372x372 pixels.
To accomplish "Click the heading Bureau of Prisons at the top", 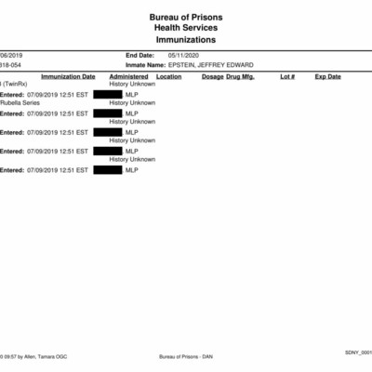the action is (x=185, y=18).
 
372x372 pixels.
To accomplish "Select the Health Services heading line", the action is (x=185, y=29).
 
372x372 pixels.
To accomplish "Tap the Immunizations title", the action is (x=185, y=41).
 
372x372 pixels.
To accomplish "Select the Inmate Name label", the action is (x=144, y=65).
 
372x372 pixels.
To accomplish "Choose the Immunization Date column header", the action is (x=68, y=76).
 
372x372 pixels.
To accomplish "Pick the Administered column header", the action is (x=128, y=76).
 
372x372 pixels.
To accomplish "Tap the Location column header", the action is (x=169, y=76).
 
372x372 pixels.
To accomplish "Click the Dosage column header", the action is (x=213, y=76).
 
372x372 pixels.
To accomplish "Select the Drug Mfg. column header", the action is (x=241, y=76).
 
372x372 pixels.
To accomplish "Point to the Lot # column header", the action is (x=287, y=76).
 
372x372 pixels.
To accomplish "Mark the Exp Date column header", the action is (x=328, y=76).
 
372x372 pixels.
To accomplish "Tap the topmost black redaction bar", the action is (x=108, y=94).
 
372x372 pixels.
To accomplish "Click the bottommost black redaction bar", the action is (x=108, y=169).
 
